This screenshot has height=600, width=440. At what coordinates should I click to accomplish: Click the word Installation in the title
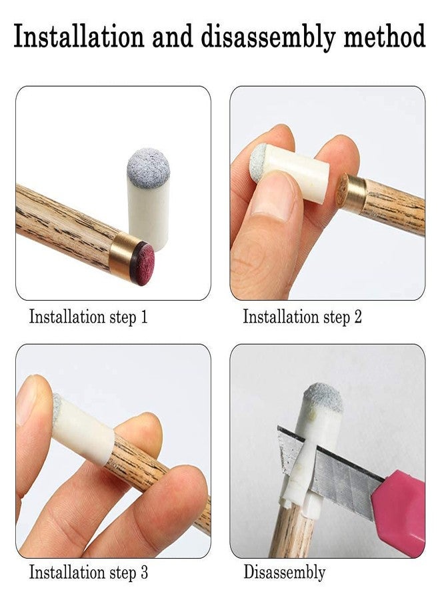tap(79, 37)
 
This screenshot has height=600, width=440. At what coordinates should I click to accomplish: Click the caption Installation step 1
tap(88, 317)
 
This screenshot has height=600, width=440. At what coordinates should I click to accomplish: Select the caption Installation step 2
tap(302, 317)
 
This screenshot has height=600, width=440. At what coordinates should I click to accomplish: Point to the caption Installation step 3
tap(88, 571)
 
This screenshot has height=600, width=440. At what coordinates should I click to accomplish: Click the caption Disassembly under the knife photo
tap(284, 571)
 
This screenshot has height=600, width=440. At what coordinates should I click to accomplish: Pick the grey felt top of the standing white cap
tap(148, 167)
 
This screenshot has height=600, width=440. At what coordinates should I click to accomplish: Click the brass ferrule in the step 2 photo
tap(352, 194)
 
